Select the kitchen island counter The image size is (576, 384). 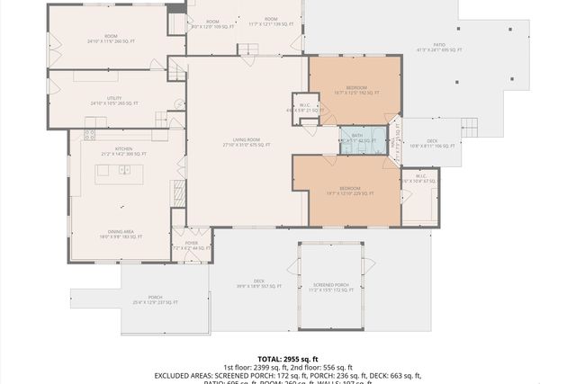[113, 174]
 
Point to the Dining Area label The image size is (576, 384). [121, 234]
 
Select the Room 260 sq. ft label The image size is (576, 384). [109, 39]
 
